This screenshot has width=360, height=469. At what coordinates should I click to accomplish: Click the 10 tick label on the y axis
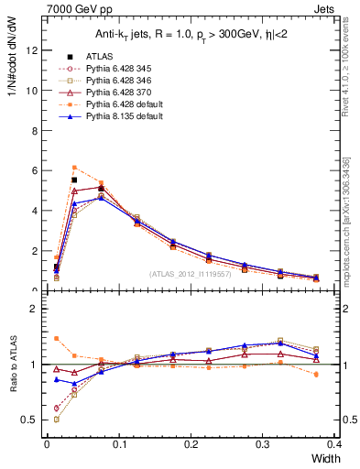tap(33, 91)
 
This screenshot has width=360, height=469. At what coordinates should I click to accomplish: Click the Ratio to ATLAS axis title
tap(12, 365)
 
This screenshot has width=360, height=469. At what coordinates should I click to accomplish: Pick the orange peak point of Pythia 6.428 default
tap(74, 168)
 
